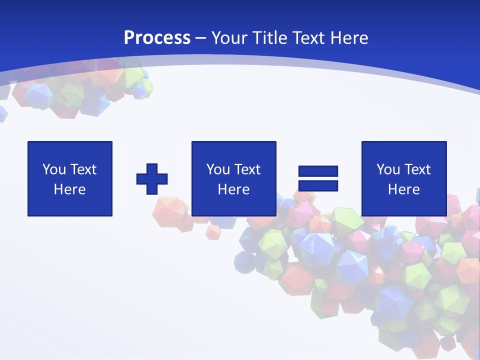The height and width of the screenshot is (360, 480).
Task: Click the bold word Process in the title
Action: pos(157,38)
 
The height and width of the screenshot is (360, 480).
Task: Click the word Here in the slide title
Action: pos(350,38)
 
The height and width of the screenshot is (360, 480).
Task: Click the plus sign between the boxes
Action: pos(152,179)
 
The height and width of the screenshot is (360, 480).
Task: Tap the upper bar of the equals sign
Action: pos(318,171)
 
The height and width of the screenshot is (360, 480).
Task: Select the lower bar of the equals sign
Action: pos(318,185)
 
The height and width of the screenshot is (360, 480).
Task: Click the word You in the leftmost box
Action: pos(54,169)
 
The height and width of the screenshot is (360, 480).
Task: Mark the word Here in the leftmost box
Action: pos(69,189)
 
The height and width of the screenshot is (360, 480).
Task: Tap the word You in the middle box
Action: pos(218,169)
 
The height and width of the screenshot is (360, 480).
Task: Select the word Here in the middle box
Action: pos(233,189)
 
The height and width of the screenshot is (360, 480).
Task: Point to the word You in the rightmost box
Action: pos(388,169)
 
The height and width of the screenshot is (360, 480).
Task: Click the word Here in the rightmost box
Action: pos(403,189)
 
